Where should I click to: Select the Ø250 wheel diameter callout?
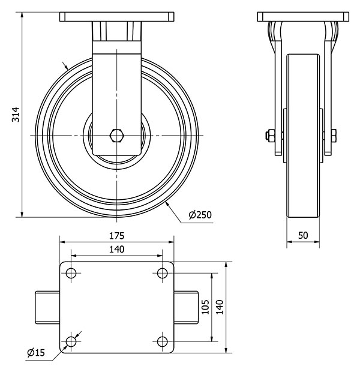tap(200, 214)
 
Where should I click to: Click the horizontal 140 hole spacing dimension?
tap(116, 249)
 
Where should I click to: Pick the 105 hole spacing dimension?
tap(205, 307)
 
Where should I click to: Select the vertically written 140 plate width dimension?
tap(220, 307)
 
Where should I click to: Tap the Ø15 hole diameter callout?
tap(36, 353)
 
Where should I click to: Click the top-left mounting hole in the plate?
tap(71, 274)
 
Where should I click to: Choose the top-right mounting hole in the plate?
tap(162, 274)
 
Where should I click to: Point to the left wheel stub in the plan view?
tap(47, 307)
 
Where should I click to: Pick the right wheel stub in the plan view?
tap(186, 307)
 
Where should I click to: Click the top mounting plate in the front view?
tap(116, 16)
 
